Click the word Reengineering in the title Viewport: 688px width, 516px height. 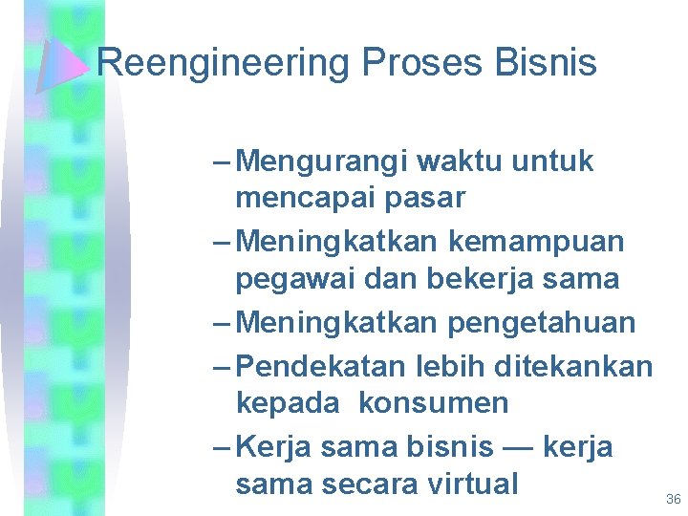[x=225, y=64]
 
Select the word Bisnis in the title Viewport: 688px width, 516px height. [x=547, y=64]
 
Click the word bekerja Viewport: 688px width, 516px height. [x=498, y=279]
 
